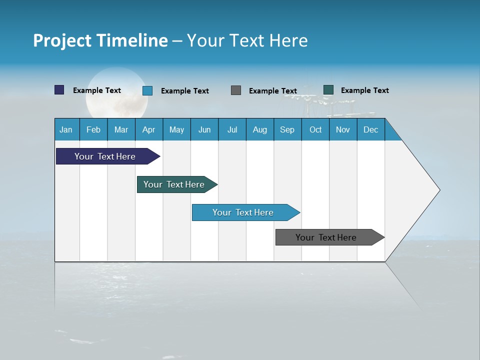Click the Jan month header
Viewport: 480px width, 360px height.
coord(66,129)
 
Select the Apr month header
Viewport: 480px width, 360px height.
coord(148,129)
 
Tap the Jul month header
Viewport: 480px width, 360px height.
coord(232,129)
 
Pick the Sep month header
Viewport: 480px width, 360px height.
coord(287,129)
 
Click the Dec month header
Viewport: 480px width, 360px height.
coord(370,129)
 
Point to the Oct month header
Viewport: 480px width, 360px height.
coord(315,129)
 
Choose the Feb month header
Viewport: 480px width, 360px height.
coord(93,129)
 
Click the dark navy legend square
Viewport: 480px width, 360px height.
coord(59,90)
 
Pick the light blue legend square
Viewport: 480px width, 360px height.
coord(147,90)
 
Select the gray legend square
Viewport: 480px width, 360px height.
coord(236,90)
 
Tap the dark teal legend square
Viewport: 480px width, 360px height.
coord(328,90)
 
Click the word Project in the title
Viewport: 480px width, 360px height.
coord(61,40)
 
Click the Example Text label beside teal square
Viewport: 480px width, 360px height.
coord(364,90)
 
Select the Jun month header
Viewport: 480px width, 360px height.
coord(204,129)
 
